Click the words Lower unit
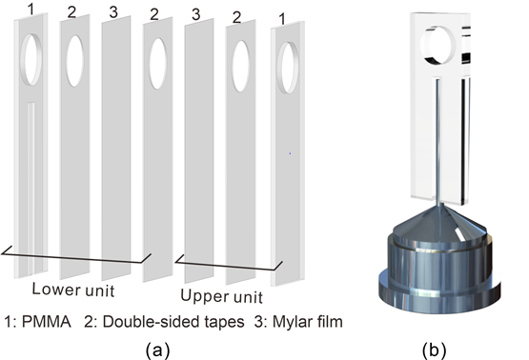(x=73, y=290)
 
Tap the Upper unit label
(x=222, y=296)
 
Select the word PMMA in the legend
(x=47, y=322)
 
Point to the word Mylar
(x=289, y=322)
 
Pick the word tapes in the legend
(x=224, y=323)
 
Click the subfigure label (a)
(x=157, y=350)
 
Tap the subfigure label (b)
(x=434, y=350)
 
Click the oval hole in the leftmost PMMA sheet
(x=31, y=59)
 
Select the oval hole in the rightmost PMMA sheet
(x=288, y=68)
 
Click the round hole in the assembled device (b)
(x=437, y=45)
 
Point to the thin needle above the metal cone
(x=438, y=142)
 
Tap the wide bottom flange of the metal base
(x=438, y=292)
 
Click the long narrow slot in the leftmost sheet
(x=31, y=188)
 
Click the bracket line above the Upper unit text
(x=229, y=264)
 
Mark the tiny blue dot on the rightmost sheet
(x=290, y=153)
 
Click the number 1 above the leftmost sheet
(x=31, y=10)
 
